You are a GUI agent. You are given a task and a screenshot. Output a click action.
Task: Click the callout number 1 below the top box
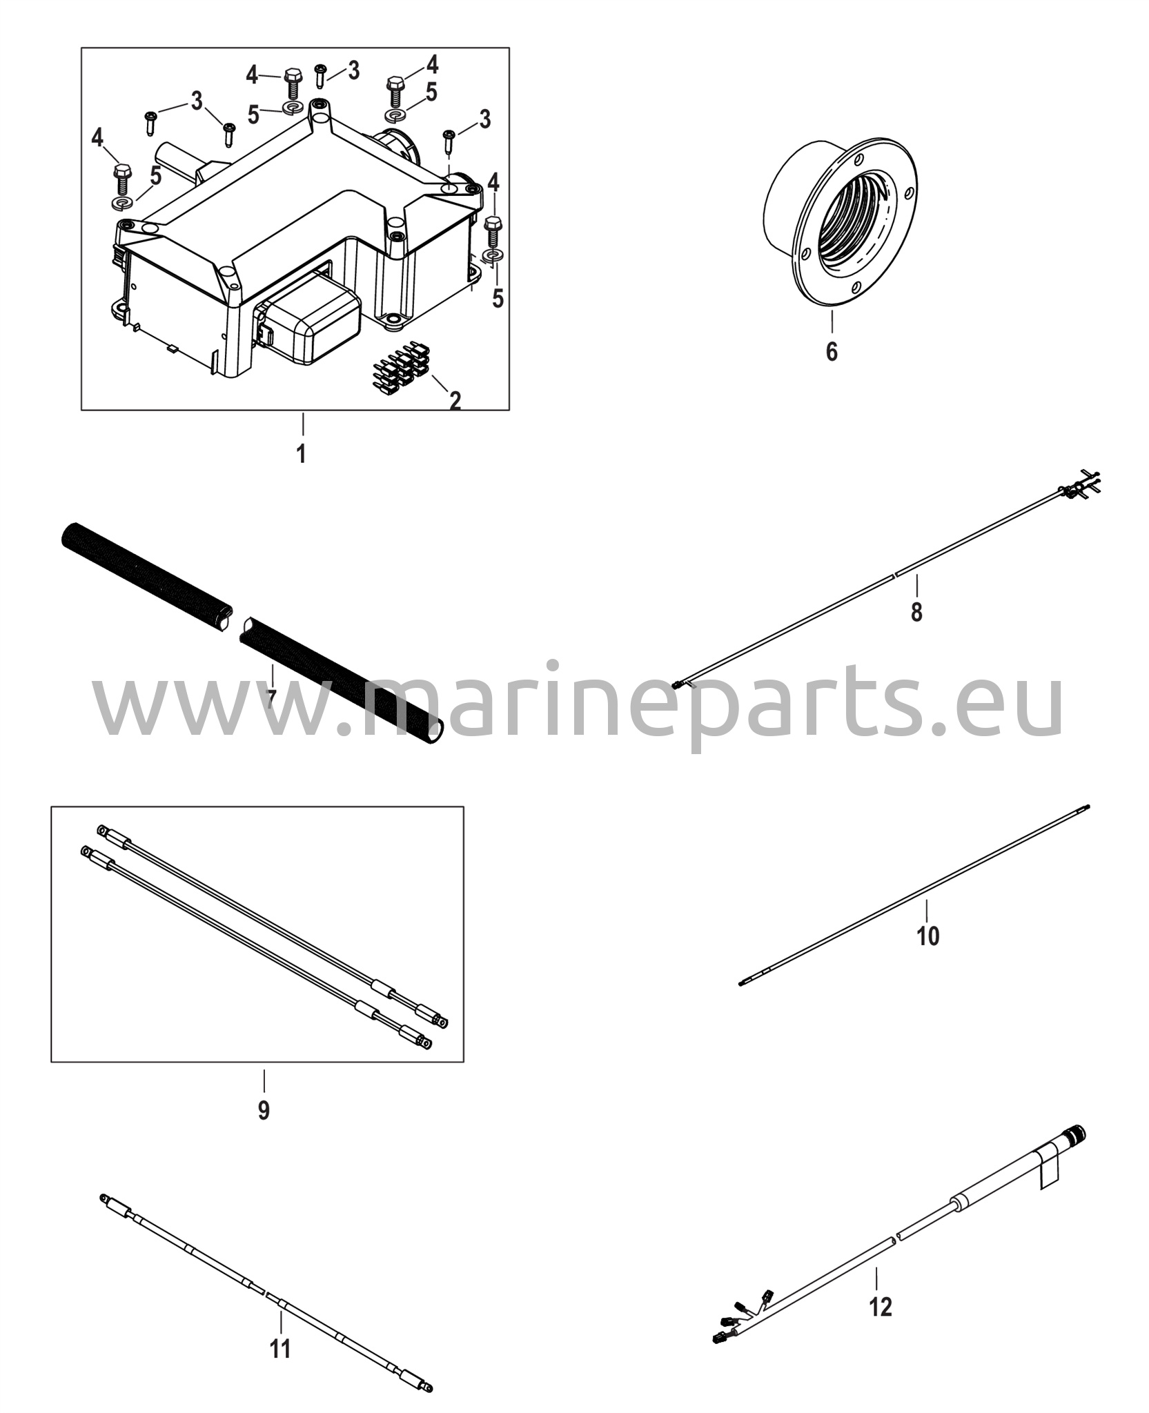coord(301,454)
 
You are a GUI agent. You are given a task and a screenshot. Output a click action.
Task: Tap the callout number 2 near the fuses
coord(455,400)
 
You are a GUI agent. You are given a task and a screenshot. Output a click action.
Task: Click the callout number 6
coord(832,352)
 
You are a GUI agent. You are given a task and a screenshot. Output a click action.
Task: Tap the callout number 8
coord(916,611)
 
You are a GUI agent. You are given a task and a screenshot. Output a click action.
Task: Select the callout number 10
coord(928,936)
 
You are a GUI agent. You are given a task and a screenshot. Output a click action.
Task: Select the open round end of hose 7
coord(434,733)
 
